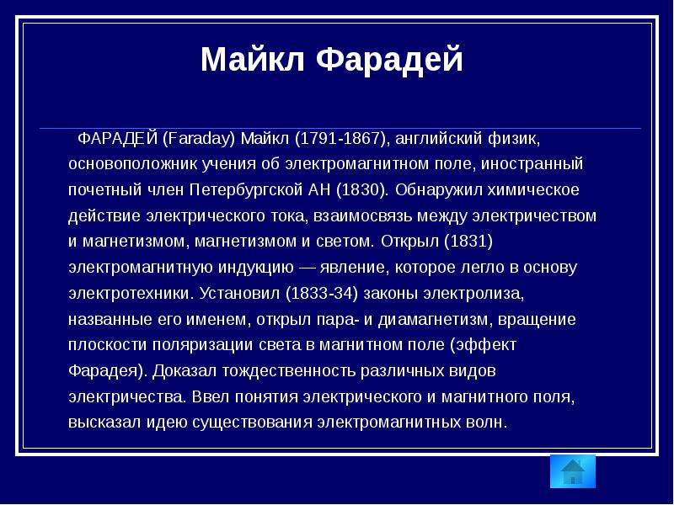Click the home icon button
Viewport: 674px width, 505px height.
point(573,471)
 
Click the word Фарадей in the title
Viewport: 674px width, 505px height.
point(390,59)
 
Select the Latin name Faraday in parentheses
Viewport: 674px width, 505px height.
point(199,139)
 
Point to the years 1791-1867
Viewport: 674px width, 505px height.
point(340,139)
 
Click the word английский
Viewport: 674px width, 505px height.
point(437,139)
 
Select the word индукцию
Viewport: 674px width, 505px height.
point(256,268)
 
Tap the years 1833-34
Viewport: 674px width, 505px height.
point(322,294)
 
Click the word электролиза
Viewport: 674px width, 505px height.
point(473,294)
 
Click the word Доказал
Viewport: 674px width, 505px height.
point(185,371)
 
